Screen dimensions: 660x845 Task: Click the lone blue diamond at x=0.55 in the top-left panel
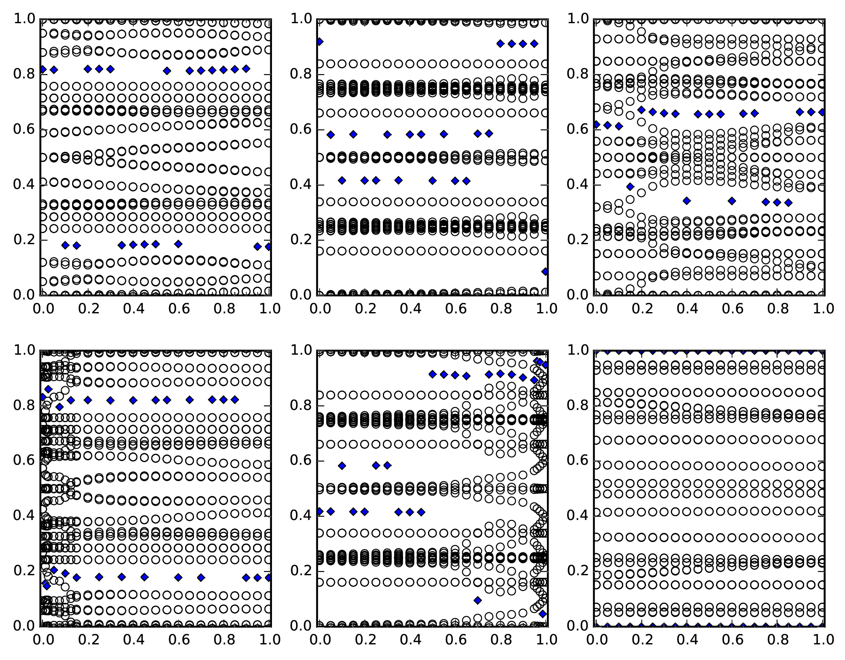click(167, 71)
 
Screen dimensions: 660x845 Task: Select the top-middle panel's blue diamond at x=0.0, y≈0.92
click(320, 42)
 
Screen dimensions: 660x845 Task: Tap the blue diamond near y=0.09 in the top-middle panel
click(545, 272)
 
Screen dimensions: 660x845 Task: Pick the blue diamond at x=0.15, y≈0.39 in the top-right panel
click(630, 186)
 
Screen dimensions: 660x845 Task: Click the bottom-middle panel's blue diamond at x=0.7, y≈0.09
click(478, 600)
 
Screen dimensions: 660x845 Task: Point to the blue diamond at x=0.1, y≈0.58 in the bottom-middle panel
click(342, 466)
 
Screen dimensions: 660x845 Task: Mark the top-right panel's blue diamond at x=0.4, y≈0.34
click(686, 201)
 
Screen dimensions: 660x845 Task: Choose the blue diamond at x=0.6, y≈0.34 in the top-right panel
click(732, 201)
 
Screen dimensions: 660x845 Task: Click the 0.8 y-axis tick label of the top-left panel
click(24, 74)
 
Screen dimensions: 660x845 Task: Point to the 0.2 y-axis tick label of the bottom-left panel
click(24, 571)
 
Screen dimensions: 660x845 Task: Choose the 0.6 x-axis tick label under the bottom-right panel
click(732, 640)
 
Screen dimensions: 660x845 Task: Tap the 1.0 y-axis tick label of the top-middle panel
click(301, 19)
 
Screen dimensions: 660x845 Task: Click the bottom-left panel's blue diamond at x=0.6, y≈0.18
click(178, 577)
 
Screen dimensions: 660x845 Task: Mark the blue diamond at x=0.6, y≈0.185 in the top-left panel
click(178, 244)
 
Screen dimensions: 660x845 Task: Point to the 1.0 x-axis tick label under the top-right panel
click(823, 309)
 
